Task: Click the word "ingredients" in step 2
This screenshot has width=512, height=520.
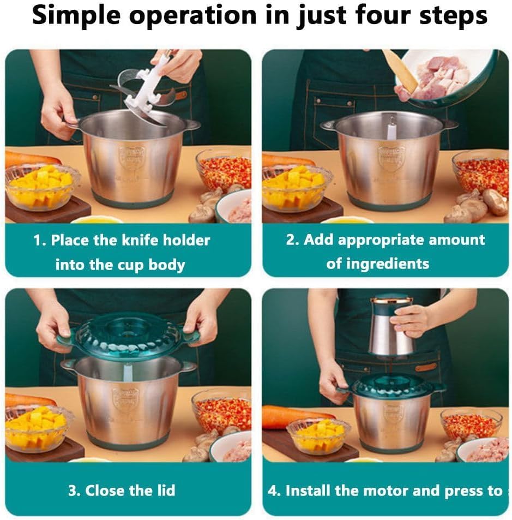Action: tap(378, 264)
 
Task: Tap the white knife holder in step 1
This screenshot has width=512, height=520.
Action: tap(143, 90)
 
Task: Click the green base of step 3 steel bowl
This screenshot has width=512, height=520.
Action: tap(128, 440)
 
